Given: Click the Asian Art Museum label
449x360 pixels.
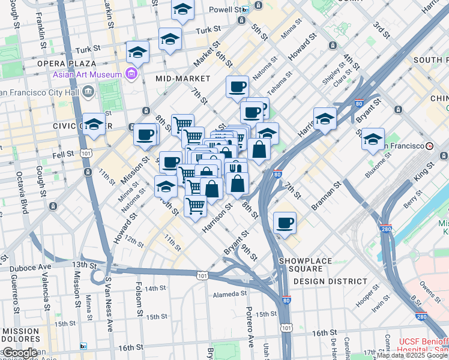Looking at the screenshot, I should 87,75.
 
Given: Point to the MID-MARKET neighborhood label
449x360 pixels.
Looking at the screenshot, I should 182,79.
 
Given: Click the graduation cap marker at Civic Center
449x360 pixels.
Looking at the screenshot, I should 94,124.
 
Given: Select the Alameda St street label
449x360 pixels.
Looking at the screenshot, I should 231,295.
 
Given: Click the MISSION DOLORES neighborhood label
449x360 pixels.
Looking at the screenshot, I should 20,335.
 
